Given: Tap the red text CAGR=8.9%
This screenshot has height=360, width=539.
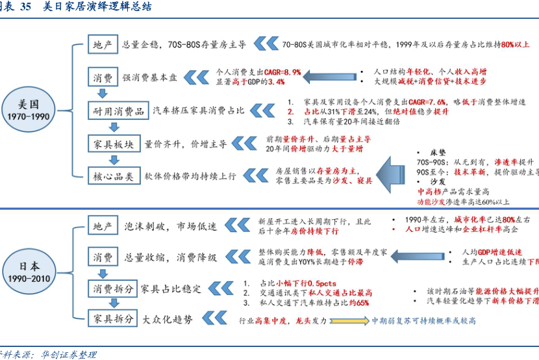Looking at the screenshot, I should [x=283, y=72].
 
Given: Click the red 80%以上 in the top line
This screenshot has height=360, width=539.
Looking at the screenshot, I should [x=516, y=45].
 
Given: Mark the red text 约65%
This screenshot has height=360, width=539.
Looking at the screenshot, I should [x=358, y=303].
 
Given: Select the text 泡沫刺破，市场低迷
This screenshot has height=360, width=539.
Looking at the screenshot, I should [x=170, y=226].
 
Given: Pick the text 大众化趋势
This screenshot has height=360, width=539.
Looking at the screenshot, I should [x=168, y=319].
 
